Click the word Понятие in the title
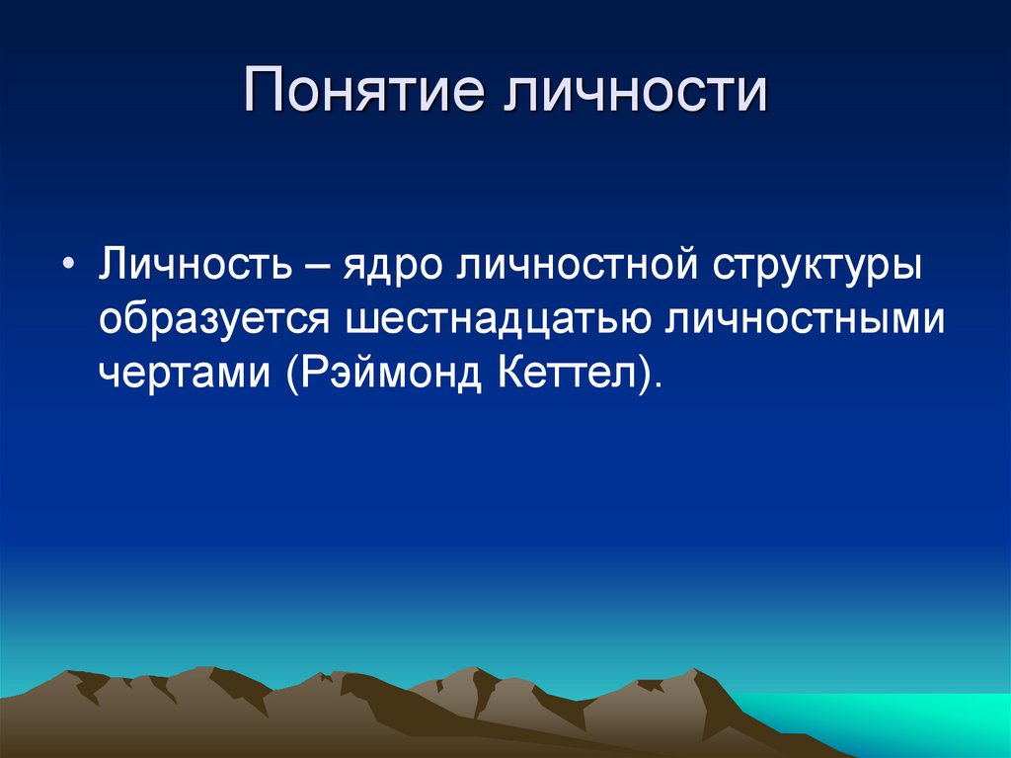[363, 89]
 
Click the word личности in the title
[635, 89]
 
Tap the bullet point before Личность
[69, 266]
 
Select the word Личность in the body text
[195, 264]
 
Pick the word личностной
[577, 264]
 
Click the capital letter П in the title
[263, 89]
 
